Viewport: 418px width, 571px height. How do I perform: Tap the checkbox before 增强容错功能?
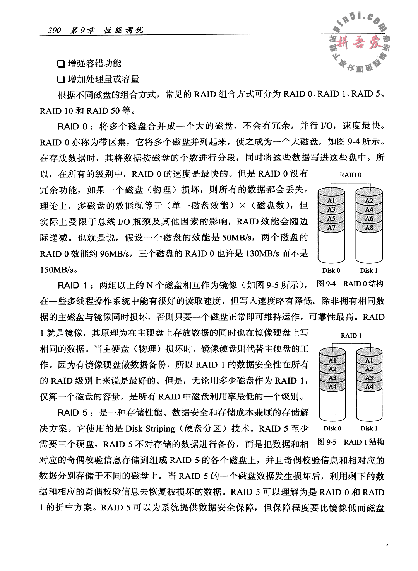click(60, 63)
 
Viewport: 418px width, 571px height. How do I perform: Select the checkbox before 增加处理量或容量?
click(60, 80)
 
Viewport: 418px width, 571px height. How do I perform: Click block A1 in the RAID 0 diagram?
click(331, 201)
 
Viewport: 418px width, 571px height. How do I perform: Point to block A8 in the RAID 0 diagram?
click(369, 228)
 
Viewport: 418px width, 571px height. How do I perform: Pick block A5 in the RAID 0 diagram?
click(331, 219)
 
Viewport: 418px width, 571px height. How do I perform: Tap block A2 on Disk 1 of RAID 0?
click(369, 201)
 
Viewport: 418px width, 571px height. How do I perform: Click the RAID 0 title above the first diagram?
click(350, 175)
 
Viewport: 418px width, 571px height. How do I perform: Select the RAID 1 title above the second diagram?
click(351, 336)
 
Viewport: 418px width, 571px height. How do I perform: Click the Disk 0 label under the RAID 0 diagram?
click(331, 270)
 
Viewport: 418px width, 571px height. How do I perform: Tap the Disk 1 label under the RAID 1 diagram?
click(369, 428)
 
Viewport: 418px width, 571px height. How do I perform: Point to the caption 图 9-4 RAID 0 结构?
click(350, 284)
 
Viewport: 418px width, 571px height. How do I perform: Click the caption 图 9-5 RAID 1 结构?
click(350, 442)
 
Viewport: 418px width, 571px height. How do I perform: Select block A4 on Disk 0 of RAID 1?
click(332, 386)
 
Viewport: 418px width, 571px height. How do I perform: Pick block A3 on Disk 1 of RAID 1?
click(369, 378)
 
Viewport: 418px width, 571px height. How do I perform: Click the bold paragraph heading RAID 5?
click(74, 413)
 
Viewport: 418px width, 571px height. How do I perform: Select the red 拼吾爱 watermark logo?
click(358, 44)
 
